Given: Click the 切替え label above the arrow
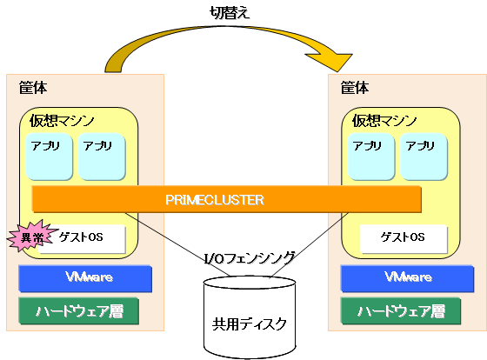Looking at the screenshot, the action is (230, 13).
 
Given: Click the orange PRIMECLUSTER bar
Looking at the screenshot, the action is (227, 199).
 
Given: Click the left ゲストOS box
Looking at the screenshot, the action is (82, 238).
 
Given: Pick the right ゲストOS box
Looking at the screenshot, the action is (404, 238).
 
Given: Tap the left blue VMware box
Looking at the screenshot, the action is (85, 278).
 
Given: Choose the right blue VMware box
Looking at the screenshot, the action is (407, 278).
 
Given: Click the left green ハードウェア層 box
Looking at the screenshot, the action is (78, 311).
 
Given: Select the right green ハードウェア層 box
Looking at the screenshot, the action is (401, 311).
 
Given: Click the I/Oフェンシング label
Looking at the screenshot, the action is (250, 258).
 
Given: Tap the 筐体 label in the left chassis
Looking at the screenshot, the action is (33, 88).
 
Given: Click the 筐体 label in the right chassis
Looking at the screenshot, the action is (355, 88).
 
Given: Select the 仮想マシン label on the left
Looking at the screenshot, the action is (62, 121).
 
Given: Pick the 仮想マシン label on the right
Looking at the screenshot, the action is (384, 121).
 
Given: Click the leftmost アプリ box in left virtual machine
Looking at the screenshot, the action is (49, 157).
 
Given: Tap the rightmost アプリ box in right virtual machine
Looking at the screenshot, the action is (424, 157).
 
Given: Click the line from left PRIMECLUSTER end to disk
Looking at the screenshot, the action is (177, 244).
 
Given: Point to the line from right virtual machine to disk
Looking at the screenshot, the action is (309, 244).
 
